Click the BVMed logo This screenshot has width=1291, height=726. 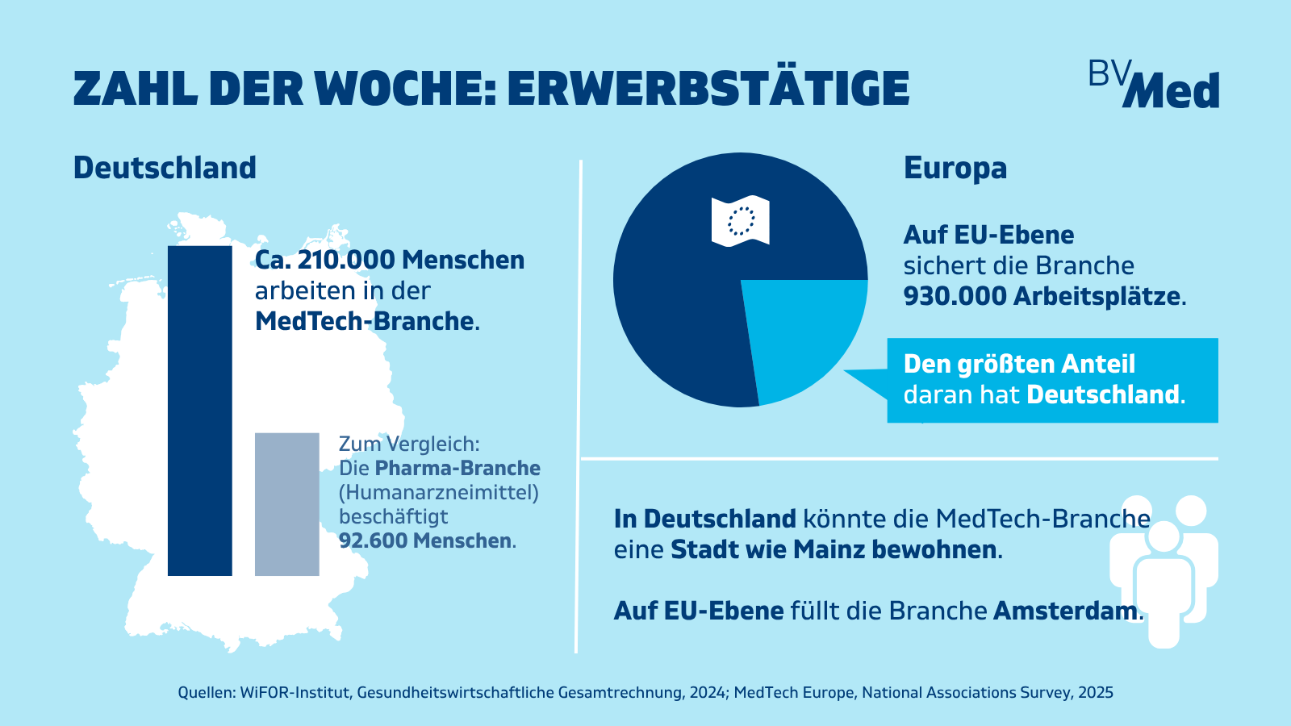[1154, 84]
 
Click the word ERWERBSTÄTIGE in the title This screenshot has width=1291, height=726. [708, 90]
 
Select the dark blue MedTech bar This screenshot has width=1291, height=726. [200, 411]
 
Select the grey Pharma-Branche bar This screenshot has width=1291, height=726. [287, 504]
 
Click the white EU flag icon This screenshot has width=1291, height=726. [741, 221]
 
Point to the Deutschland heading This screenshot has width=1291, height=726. [165, 169]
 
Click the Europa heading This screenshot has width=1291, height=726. [955, 169]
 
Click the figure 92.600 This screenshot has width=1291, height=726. [371, 540]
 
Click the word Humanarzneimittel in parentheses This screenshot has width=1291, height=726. [439, 493]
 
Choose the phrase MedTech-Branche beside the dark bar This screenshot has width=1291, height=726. [364, 322]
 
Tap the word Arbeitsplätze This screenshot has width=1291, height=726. [1097, 297]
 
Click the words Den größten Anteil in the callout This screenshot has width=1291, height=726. [1019, 364]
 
